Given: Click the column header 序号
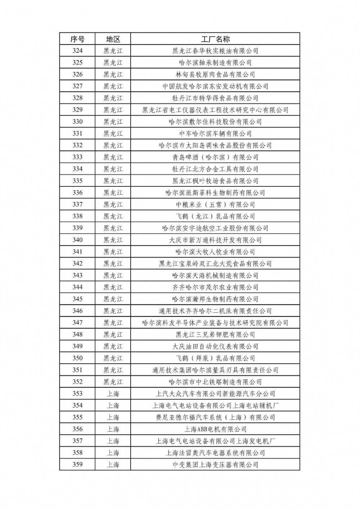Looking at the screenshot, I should pyautogui.click(x=77, y=39).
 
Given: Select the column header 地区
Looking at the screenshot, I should pyautogui.click(x=113, y=39).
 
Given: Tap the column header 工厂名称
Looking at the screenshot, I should pyautogui.click(x=215, y=39).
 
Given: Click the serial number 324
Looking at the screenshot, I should pyautogui.click(x=77, y=51).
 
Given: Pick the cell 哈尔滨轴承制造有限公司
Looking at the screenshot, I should pyautogui.click(x=215, y=63).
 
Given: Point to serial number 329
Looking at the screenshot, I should pyautogui.click(x=77, y=110).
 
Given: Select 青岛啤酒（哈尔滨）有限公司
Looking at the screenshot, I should pyautogui.click(x=215, y=157).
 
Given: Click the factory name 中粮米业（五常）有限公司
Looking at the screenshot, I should pyautogui.click(x=215, y=204).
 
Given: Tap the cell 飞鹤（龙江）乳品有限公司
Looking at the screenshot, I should pyautogui.click(x=215, y=216).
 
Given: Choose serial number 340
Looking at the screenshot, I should pyautogui.click(x=77, y=240).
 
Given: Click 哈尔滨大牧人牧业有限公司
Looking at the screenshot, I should pyautogui.click(x=215, y=252).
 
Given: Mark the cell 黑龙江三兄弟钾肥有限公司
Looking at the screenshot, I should pyautogui.click(x=215, y=335).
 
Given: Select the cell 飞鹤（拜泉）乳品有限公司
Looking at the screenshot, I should pyautogui.click(x=215, y=358).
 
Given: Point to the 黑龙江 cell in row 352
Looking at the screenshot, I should pyautogui.click(x=113, y=382).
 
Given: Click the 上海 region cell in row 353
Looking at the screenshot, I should pyautogui.click(x=113, y=394).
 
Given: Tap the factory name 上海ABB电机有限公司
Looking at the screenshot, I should pyautogui.click(x=215, y=429).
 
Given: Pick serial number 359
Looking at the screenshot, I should pyautogui.click(x=77, y=464).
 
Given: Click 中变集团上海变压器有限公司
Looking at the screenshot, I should pyautogui.click(x=215, y=464).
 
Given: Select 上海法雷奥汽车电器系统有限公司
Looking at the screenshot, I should pyautogui.click(x=215, y=453).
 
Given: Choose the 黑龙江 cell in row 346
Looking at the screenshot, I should pyautogui.click(x=113, y=311).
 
